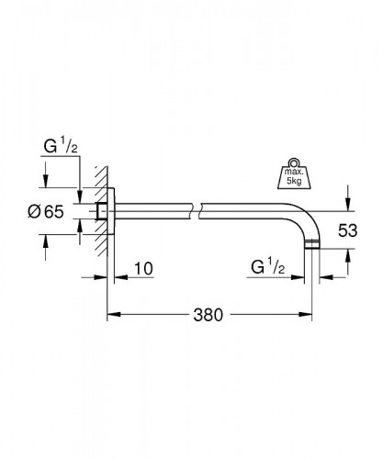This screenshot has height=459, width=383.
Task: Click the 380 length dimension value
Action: coord(208,315)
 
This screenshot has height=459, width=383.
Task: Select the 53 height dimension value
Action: coord(347,230)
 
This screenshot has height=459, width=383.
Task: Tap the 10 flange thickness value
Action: coord(143,268)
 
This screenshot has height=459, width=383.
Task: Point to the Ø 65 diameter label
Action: coord(46,211)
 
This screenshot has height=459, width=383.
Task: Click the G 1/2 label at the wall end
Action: coord(61,146)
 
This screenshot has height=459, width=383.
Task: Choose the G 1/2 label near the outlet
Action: coord(268,267)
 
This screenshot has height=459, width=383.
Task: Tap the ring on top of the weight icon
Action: coord(294,162)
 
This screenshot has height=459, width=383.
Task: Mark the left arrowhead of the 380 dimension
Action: coord(113,314)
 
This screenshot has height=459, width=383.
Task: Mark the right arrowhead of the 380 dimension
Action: coord(306,314)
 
